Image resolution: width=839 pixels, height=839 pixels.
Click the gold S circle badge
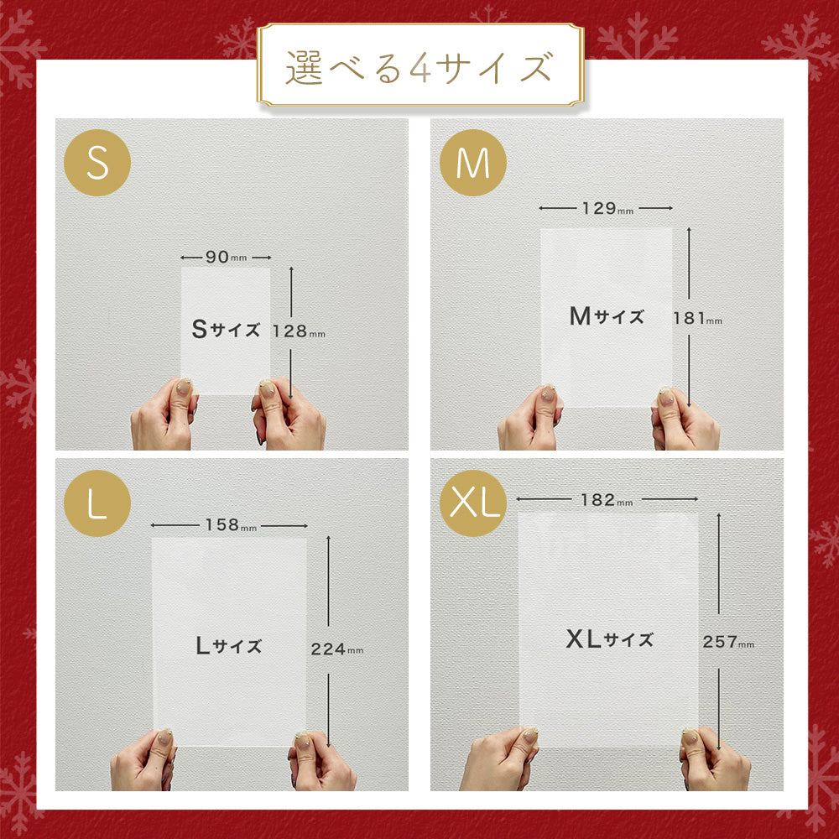(96, 163)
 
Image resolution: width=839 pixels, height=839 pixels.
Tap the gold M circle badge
(472, 163)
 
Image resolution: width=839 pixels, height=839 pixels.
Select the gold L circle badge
(96, 503)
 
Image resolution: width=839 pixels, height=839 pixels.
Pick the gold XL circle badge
(472, 503)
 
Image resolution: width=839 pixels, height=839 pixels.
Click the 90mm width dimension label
(227, 257)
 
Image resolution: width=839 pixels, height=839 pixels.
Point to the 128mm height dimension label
(299, 331)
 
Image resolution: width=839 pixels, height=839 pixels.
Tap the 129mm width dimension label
(607, 207)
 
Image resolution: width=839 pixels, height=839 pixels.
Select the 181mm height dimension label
(698, 318)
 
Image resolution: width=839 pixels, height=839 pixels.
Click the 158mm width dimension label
(232, 524)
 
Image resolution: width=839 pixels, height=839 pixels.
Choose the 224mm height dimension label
(337, 649)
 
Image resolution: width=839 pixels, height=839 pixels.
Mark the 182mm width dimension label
(607, 500)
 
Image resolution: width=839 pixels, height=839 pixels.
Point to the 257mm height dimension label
(728, 641)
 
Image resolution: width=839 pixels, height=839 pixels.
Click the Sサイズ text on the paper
(227, 329)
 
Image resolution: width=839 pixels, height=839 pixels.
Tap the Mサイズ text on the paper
(607, 315)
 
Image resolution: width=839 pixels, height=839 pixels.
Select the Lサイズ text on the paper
(229, 645)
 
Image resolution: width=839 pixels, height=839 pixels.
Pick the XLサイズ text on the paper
(609, 638)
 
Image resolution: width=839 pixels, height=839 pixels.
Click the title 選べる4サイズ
(419, 68)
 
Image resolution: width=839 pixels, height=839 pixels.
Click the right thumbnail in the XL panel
(690, 737)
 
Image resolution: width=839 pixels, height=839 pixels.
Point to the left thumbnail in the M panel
(548, 393)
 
